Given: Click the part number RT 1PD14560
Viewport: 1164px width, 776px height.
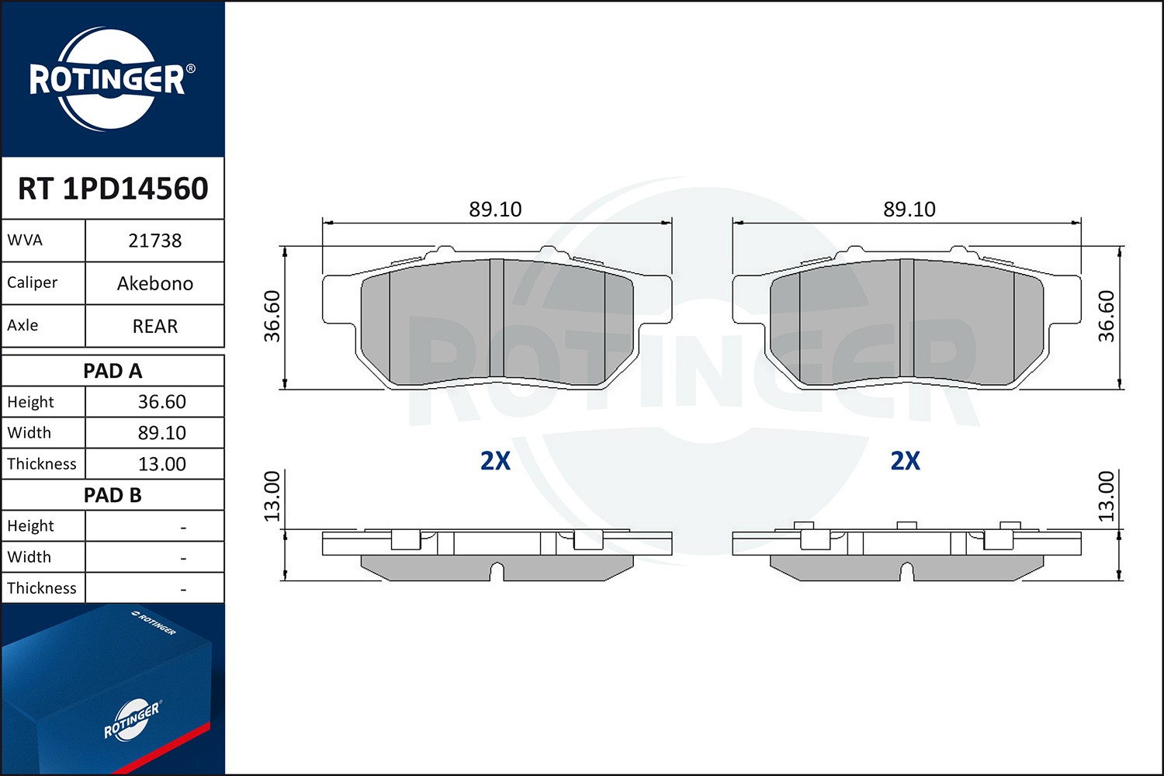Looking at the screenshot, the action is (113, 188).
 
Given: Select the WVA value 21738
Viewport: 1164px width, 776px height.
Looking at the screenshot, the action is (155, 241).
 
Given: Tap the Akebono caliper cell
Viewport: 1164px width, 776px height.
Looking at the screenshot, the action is (155, 283).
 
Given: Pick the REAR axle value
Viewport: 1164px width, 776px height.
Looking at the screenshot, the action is (155, 326).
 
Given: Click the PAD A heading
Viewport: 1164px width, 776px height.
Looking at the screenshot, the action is (113, 371).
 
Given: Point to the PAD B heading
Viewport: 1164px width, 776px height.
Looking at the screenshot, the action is (113, 495).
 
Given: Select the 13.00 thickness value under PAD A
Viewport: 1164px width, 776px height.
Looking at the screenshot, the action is (161, 463).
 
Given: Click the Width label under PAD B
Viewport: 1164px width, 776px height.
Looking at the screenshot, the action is (29, 556).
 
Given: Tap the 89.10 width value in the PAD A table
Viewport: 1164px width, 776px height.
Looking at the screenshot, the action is (161, 432).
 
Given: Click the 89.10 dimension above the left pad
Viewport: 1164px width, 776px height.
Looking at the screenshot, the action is (495, 209).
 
